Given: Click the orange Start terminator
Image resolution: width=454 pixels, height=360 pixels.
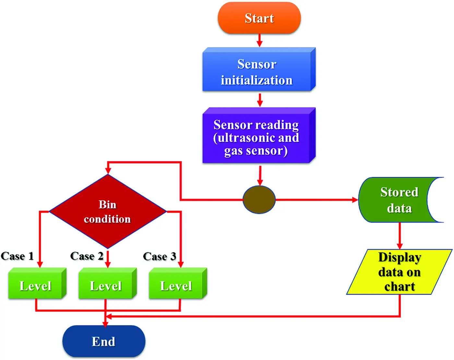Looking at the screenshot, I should point(259,18).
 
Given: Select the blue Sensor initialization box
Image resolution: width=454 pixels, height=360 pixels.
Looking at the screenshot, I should point(257,72).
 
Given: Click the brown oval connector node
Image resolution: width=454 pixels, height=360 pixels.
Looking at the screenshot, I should point(259,200).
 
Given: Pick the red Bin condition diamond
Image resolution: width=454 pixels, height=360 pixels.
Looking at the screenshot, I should point(107,212).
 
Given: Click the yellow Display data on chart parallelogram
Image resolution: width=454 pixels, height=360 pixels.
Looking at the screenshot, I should point(400,272).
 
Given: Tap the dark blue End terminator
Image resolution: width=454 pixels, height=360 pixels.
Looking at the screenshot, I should point(104,341).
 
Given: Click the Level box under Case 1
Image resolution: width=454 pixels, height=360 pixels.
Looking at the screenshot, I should point(36,285).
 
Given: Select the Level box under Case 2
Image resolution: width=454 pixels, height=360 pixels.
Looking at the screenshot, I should point(106,285).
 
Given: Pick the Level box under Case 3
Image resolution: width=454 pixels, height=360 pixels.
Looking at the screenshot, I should point(176,285).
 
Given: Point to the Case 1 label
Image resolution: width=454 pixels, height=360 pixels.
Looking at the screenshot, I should point(18,256).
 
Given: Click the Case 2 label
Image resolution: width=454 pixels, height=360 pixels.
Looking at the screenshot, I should point(87,256).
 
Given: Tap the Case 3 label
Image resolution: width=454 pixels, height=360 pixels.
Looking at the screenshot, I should point(160,256).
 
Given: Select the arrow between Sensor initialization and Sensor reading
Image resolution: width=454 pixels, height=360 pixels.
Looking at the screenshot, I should point(260,100).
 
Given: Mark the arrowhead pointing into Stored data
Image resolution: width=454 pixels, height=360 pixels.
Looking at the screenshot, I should point(355,200).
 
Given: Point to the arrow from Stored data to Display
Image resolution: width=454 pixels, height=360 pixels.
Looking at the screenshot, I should point(400,236).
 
